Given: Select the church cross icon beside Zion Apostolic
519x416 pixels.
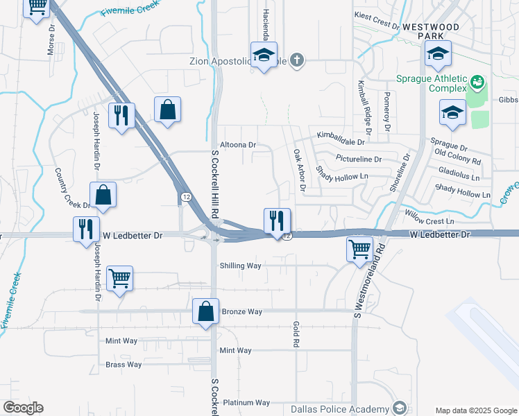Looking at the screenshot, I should [297, 60].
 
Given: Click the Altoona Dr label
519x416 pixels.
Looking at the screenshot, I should [238, 145].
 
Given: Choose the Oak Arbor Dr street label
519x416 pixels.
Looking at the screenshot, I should [299, 169].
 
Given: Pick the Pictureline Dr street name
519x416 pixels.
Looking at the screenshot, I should [359, 159].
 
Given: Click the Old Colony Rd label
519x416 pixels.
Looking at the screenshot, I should [457, 156].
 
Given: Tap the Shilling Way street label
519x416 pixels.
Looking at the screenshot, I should [240, 266].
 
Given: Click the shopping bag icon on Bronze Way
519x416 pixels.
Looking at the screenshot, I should [206, 313].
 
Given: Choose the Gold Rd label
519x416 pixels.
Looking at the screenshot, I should [296, 334].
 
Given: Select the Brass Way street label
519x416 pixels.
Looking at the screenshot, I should [124, 364].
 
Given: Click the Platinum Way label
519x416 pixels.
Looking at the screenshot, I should [246, 402].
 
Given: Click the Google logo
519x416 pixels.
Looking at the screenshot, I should [23, 408].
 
